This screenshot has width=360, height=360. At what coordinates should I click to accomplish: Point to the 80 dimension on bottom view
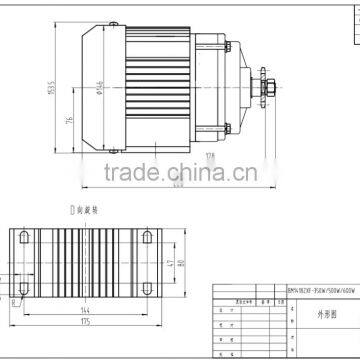coord(183,266)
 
